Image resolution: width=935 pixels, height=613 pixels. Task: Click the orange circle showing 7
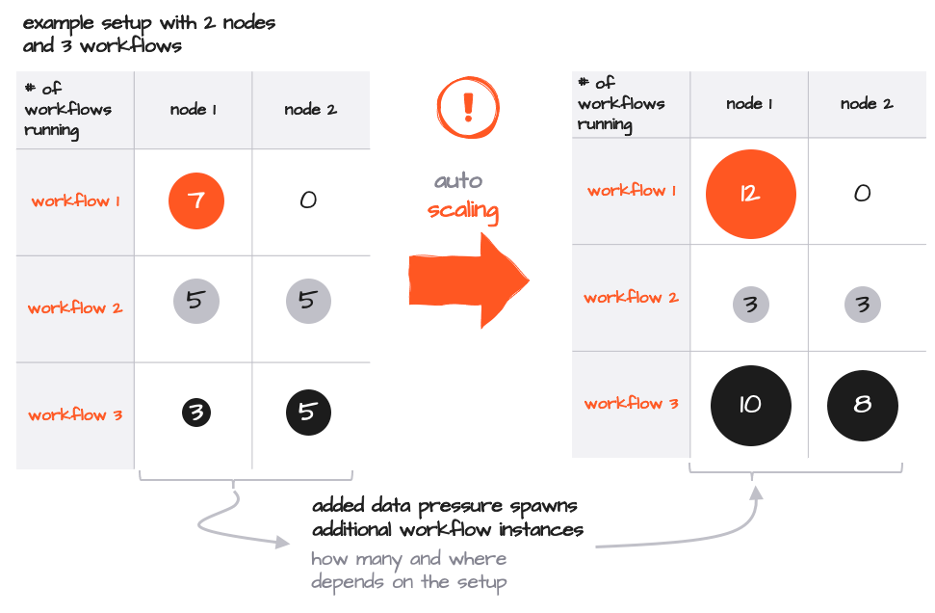(195, 201)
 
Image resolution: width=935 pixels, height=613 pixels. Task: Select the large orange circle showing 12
(750, 193)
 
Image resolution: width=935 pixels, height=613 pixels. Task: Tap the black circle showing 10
(750, 405)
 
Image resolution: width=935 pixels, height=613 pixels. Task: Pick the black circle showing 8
(863, 405)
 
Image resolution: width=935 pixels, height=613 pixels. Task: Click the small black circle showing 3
(195, 414)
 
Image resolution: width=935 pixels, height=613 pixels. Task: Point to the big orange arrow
(468, 279)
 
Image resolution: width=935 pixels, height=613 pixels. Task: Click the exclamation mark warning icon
(469, 104)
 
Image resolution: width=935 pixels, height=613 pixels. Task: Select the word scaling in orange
(463, 210)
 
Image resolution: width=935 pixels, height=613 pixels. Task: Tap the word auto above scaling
(458, 180)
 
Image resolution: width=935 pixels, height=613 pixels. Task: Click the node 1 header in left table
(193, 110)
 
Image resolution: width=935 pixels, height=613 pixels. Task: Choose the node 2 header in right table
(866, 104)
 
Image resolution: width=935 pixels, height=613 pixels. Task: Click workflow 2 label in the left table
(74, 308)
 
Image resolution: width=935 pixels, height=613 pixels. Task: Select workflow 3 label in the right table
(631, 404)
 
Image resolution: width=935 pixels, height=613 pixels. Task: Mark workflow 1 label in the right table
(631, 191)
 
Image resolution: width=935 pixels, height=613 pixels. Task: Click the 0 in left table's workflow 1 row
(308, 200)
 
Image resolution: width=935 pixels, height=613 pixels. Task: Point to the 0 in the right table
(863, 193)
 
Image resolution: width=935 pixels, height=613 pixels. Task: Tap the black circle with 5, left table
(308, 413)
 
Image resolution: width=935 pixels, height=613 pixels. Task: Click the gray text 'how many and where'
(408, 559)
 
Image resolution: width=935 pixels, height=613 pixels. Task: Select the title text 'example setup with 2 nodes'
(149, 22)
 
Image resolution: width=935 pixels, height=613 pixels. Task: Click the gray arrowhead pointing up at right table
(757, 493)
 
